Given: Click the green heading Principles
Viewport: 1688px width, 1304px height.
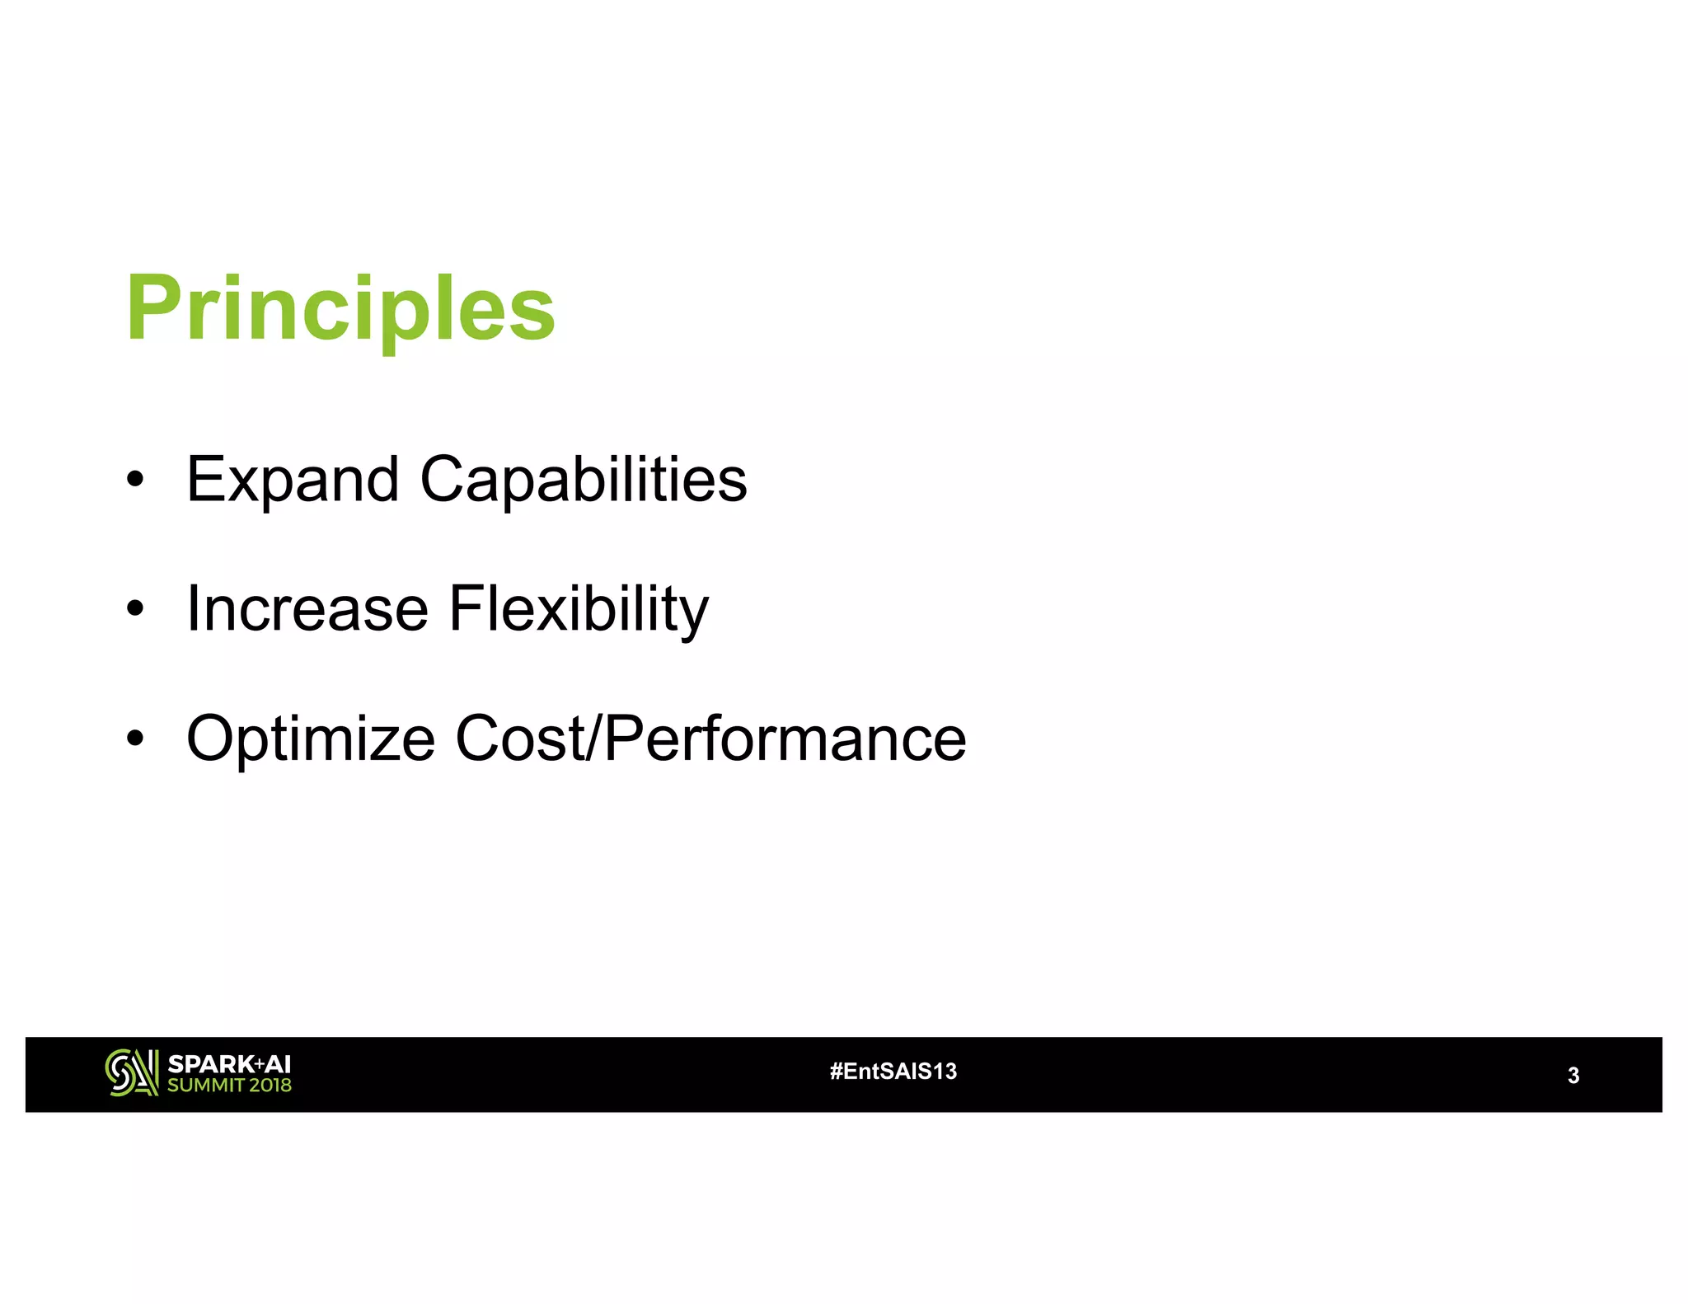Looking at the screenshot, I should click(x=340, y=309).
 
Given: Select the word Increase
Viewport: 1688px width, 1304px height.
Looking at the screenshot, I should click(x=307, y=608).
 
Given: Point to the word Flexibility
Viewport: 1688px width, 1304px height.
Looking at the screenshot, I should click(x=579, y=608).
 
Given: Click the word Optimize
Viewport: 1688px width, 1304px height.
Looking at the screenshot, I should click(x=311, y=738).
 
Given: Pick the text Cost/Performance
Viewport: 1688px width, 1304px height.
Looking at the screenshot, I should click(x=710, y=738).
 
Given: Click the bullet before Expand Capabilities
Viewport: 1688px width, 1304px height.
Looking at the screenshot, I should click(x=136, y=479).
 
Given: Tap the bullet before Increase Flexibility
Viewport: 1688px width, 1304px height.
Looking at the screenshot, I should click(x=136, y=609).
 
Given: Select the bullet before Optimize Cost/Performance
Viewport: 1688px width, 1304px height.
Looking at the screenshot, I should click(x=136, y=739).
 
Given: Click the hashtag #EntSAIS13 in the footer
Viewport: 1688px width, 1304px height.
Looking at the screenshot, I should click(x=893, y=1071).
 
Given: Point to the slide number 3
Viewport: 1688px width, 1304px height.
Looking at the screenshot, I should click(x=1573, y=1075).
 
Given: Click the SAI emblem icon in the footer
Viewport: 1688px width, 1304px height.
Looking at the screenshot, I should click(x=131, y=1072).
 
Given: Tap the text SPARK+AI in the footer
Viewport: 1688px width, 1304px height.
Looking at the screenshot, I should click(x=229, y=1063).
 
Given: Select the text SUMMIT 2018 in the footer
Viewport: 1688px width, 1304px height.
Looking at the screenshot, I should click(x=229, y=1085).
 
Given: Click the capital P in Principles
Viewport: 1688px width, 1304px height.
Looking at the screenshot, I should click(x=150, y=309).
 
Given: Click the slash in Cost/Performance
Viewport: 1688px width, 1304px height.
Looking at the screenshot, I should click(x=594, y=738).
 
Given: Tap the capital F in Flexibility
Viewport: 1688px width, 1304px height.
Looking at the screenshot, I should click(x=467, y=608).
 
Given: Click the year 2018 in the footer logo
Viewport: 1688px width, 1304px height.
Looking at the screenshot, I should click(x=270, y=1085).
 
